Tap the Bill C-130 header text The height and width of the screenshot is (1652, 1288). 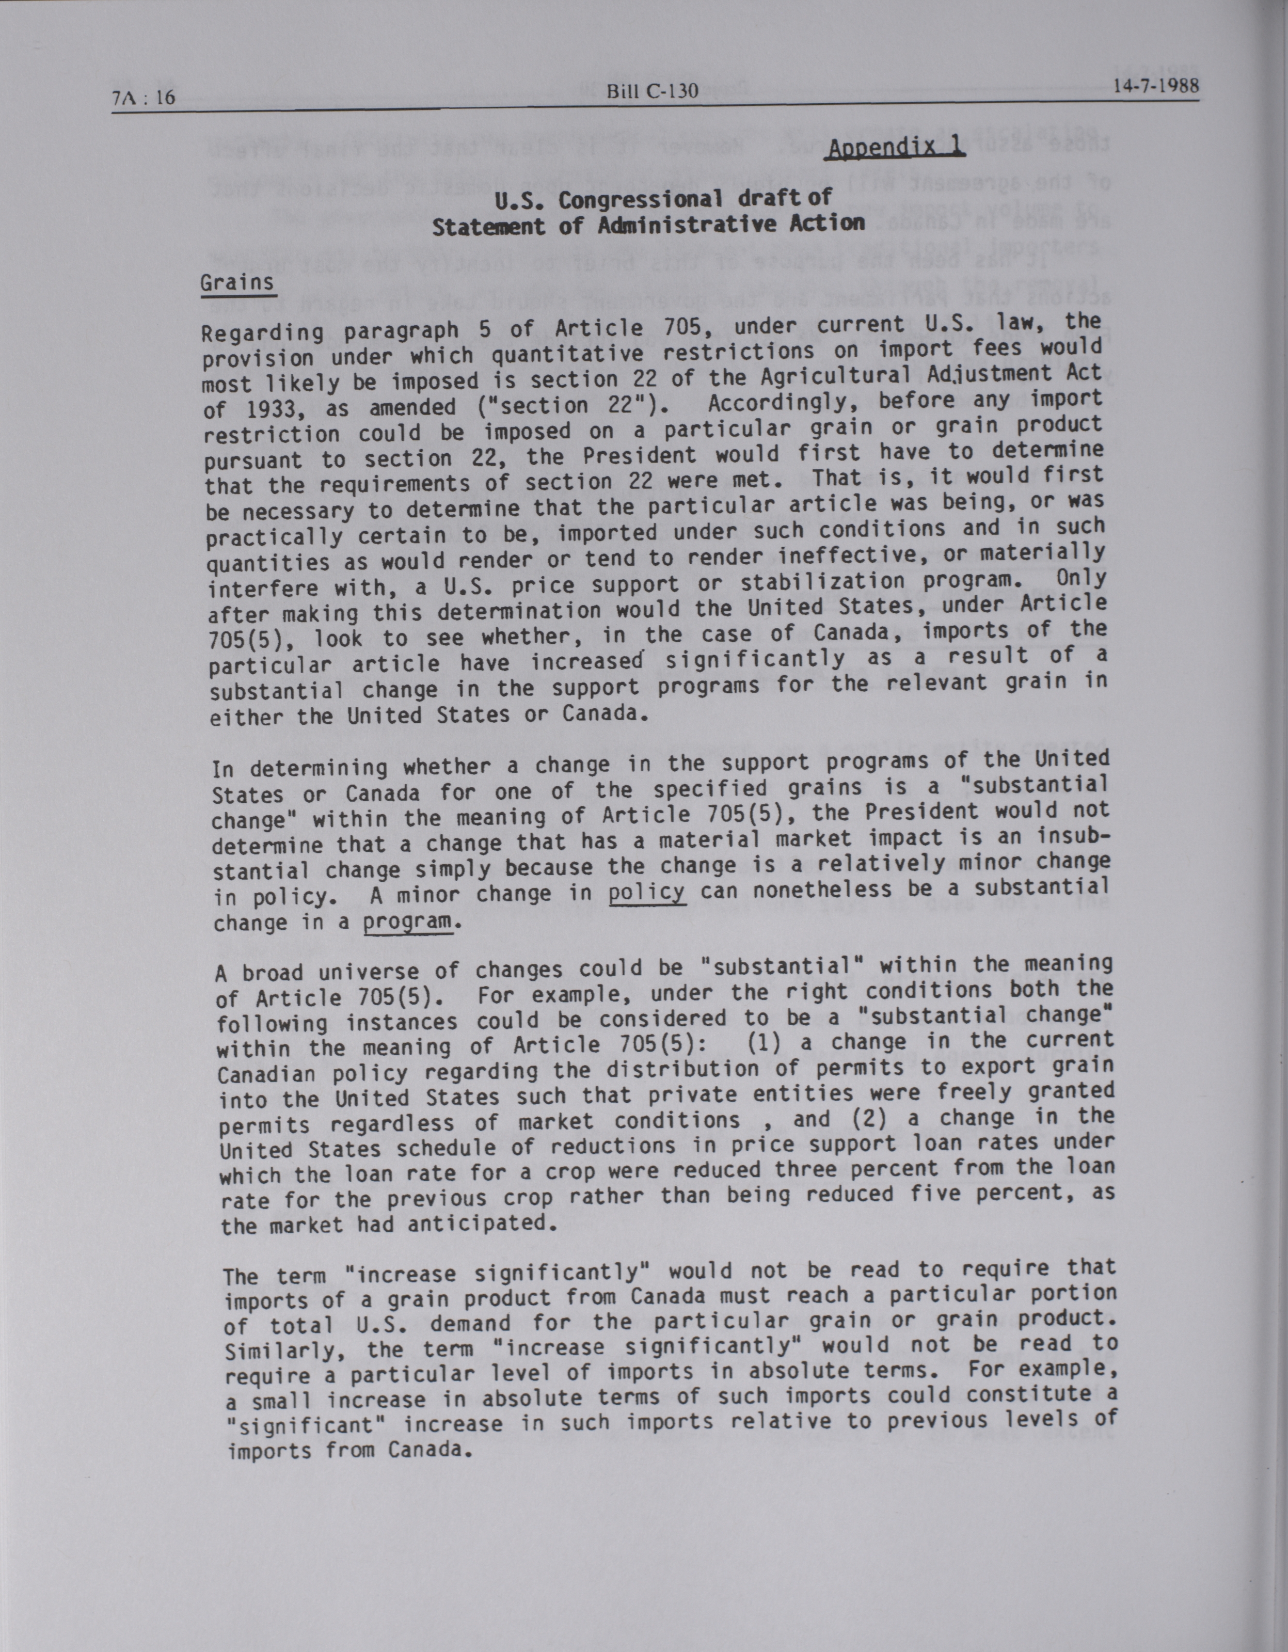[652, 92]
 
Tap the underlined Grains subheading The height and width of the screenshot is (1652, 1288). [237, 283]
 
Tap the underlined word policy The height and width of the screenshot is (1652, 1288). [647, 892]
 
